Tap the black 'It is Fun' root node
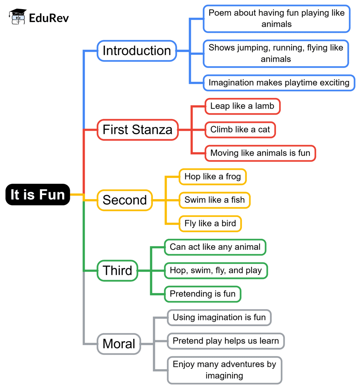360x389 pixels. click(x=38, y=194)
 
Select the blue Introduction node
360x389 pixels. click(x=137, y=51)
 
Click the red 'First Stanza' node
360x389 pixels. click(x=137, y=130)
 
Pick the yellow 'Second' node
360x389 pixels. click(x=124, y=200)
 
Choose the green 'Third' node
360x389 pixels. click(x=117, y=271)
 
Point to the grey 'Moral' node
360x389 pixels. click(x=119, y=343)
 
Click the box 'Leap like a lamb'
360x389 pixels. click(x=242, y=106)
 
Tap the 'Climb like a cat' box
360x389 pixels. click(x=240, y=130)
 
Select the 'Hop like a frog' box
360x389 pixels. click(x=212, y=176)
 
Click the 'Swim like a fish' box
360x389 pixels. click(x=214, y=200)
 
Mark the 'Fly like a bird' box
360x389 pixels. click(x=210, y=223)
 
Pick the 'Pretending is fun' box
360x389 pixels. click(x=202, y=294)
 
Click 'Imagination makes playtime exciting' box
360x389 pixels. click(x=279, y=83)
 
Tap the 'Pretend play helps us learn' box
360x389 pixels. click(x=226, y=341)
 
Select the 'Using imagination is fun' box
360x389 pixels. click(x=219, y=317)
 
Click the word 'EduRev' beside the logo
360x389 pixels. click(x=49, y=18)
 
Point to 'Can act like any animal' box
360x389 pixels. click(x=215, y=247)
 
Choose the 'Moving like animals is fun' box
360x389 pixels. click(x=260, y=153)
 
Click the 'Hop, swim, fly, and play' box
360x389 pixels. click(x=216, y=271)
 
